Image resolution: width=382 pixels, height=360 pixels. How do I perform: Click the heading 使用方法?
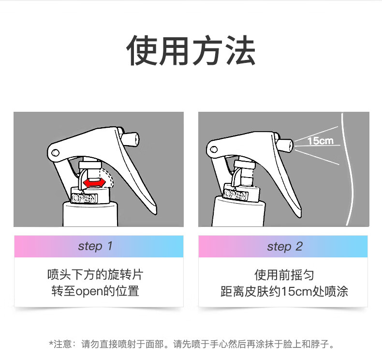click(x=191, y=50)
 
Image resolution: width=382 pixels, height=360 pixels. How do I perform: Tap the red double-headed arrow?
click(x=94, y=183)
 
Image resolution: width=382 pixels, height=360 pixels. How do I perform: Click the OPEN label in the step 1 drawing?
click(x=85, y=198)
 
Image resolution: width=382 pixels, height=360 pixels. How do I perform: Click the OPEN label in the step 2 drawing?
click(x=236, y=195)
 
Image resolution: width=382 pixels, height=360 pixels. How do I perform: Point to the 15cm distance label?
click(x=320, y=141)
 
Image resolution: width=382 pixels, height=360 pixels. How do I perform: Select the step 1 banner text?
click(x=95, y=246)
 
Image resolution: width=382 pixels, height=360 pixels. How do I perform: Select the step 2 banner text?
click(x=285, y=246)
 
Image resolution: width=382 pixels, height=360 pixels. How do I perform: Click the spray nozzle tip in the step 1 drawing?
click(x=137, y=139)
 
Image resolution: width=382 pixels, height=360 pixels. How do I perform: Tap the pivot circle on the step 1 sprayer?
click(x=56, y=153)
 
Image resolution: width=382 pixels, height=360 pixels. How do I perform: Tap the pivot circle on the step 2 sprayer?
click(x=214, y=149)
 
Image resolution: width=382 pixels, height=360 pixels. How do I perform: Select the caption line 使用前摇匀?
click(x=284, y=275)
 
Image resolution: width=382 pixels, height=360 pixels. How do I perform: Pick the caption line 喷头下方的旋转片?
click(x=95, y=275)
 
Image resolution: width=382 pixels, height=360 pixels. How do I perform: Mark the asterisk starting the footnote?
click(x=51, y=343)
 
